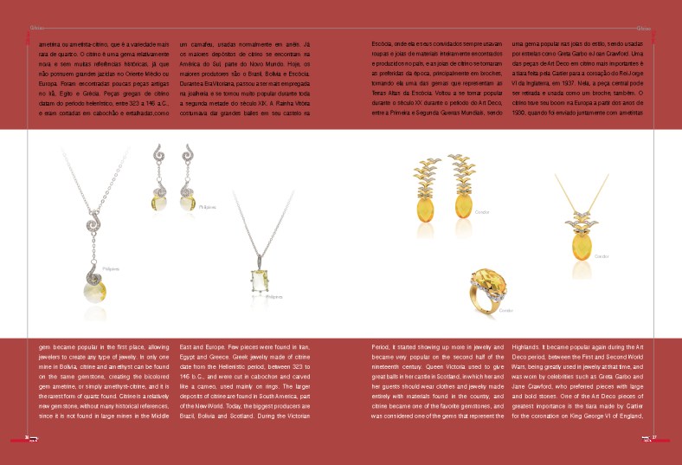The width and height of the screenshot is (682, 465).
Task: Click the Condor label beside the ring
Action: pyautogui.click(x=506, y=310)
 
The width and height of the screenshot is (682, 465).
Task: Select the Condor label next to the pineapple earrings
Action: pyautogui.click(x=483, y=211)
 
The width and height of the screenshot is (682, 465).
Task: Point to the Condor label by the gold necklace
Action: pyautogui.click(x=602, y=255)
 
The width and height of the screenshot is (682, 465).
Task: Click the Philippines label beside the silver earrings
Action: pyautogui.click(x=207, y=208)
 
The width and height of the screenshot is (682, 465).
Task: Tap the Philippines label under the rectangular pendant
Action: pyautogui.click(x=275, y=296)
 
